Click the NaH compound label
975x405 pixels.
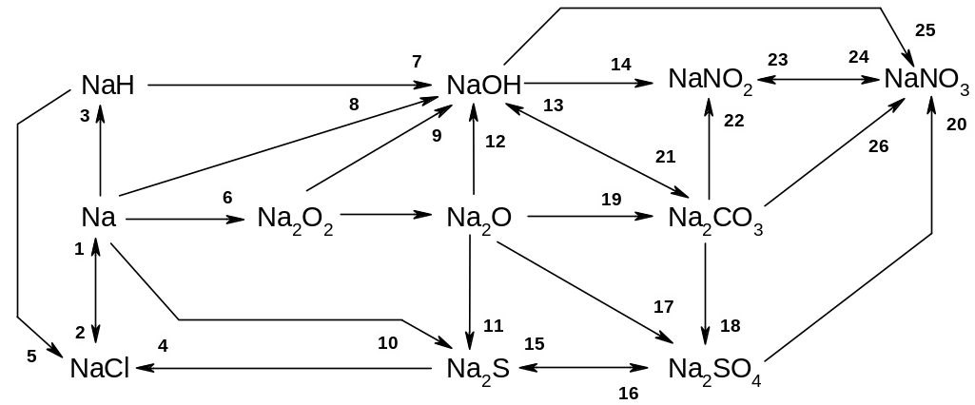click(107, 86)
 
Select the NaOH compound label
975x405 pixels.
click(484, 86)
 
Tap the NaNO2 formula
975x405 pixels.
click(711, 80)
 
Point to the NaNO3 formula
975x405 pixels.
click(926, 80)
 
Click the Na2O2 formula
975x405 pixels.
click(295, 219)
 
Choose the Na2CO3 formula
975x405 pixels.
click(715, 219)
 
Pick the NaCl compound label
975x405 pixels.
click(99, 369)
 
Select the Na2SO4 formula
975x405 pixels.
click(714, 370)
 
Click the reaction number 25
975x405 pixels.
click(925, 29)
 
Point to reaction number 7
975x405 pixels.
click(417, 62)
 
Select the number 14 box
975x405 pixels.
click(620, 65)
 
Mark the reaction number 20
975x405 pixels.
click(956, 124)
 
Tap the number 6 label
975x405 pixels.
click(226, 197)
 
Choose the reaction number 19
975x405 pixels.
click(610, 199)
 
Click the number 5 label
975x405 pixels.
click(31, 357)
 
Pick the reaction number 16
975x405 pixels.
click(628, 392)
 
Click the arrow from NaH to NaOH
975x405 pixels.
click(285, 86)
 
